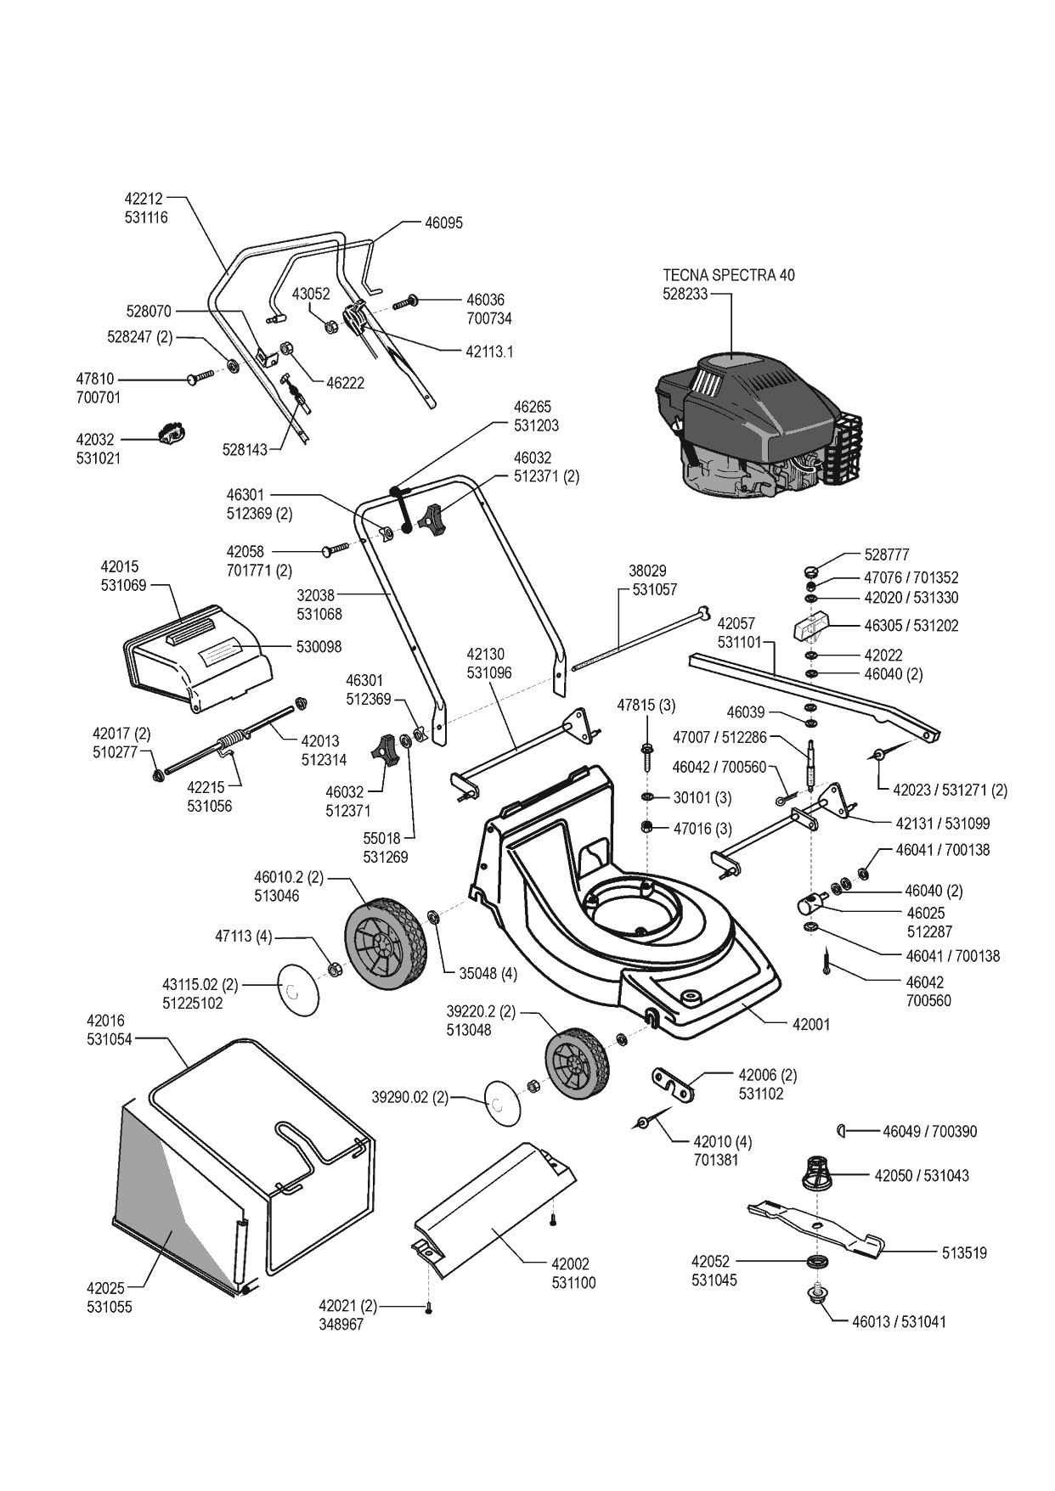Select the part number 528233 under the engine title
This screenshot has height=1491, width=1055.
[x=685, y=294]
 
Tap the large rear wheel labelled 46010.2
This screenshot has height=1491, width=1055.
[x=381, y=943]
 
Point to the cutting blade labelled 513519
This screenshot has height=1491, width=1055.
[x=815, y=1225]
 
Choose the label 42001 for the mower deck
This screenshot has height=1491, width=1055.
[x=811, y=1025]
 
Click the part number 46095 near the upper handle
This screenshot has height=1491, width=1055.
[x=444, y=223]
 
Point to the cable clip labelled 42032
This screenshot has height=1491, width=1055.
[x=172, y=436]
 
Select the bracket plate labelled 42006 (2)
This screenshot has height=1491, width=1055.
[x=673, y=1083]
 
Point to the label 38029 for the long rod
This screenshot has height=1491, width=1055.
[x=647, y=571]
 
